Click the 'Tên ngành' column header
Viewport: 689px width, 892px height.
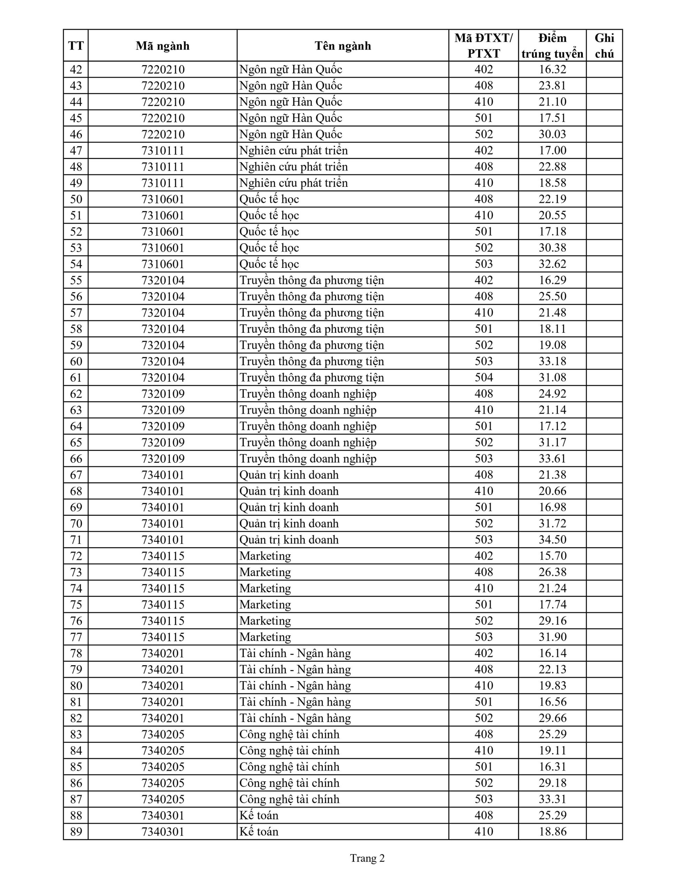click(342, 46)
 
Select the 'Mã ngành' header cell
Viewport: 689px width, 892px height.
click(163, 46)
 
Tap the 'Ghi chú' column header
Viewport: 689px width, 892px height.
click(604, 46)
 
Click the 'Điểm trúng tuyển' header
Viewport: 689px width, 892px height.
click(552, 46)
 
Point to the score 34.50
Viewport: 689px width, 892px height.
click(552, 539)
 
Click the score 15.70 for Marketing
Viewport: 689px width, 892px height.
click(552, 556)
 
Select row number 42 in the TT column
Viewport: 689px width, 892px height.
click(76, 69)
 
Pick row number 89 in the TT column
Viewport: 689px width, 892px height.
click(76, 832)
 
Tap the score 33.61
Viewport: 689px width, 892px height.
click(552, 459)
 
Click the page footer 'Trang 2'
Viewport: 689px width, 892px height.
click(367, 859)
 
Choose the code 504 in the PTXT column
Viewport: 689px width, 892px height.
click(483, 377)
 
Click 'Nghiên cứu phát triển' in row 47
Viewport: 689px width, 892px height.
click(293, 151)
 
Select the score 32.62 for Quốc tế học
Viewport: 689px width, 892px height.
click(552, 264)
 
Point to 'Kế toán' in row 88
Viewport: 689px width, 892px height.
click(258, 815)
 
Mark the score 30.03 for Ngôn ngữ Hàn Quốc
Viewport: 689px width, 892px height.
click(552, 134)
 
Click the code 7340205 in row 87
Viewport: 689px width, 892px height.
click(163, 799)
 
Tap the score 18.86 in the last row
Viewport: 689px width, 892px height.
click(552, 832)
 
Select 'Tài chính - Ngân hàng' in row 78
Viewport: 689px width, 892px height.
click(295, 653)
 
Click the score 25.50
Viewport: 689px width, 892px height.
click(552, 297)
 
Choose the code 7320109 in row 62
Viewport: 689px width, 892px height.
click(163, 394)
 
